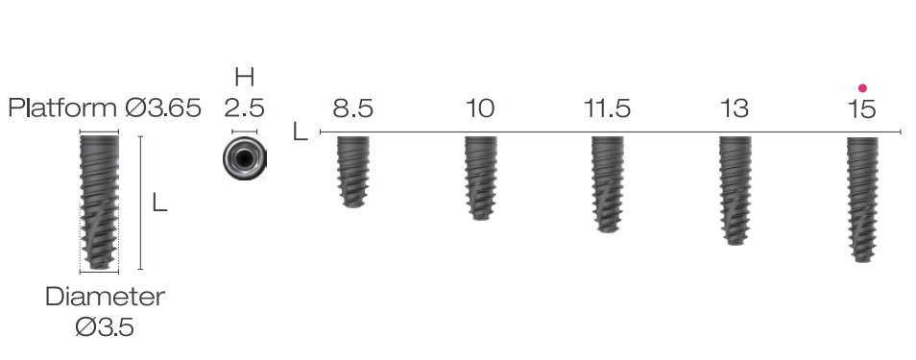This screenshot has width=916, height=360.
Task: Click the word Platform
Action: (63, 108)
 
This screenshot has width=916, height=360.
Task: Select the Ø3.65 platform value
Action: (163, 108)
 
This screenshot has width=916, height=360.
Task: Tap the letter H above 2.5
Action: (244, 77)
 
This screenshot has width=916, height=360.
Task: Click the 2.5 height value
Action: (244, 108)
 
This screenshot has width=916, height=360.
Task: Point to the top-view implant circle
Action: (245, 158)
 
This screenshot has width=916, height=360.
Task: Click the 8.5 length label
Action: (352, 108)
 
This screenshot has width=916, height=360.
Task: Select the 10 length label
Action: (480, 108)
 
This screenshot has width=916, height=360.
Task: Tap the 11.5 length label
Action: (608, 108)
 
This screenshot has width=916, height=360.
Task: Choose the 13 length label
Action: (735, 108)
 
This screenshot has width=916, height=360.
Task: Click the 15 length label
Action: (861, 108)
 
